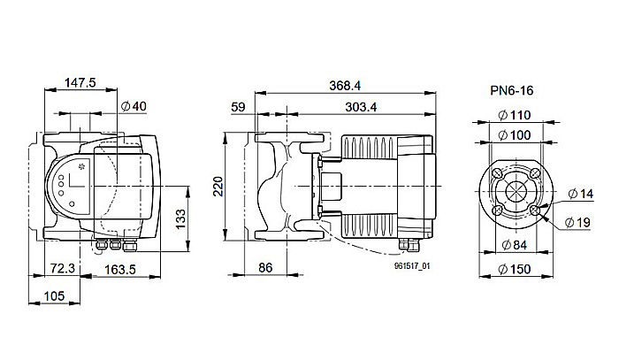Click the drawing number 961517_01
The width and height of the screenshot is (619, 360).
[411, 264]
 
